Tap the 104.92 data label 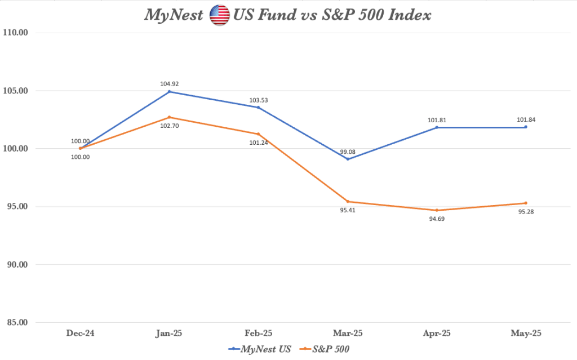(170, 84)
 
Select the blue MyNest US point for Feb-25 (259, 107)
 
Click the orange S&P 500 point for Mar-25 (348, 201)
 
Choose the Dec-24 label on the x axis (81, 334)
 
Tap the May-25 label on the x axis (526, 334)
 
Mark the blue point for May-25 (526, 127)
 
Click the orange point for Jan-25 (170, 117)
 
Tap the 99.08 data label (348, 151)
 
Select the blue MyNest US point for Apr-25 (437, 127)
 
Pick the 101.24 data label (259, 143)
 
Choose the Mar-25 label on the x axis (348, 334)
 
